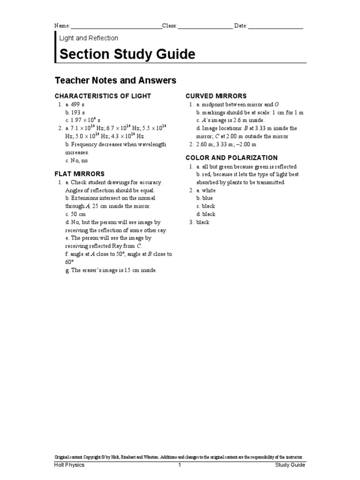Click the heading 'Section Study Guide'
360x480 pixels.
pos(127,54)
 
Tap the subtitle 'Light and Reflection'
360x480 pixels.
pos(89,38)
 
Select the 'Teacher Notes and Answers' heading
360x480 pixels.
pos(116,81)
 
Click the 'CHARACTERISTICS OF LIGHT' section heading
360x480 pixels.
pos(103,96)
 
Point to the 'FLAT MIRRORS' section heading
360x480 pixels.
pos(80,174)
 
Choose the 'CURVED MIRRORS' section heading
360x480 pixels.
pos(216,96)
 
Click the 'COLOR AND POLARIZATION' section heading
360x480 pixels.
pos(232,158)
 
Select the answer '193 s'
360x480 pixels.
pos(77,112)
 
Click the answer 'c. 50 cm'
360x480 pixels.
pos(75,214)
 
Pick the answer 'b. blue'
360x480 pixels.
pos(204,198)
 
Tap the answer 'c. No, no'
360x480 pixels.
pos(76,160)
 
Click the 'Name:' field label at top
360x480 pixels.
pos(62,26)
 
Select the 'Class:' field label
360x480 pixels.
pos(170,26)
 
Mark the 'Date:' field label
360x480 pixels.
pos(240,26)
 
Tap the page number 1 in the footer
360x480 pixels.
pos(179,465)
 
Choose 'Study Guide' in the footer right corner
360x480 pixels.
pos(290,465)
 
